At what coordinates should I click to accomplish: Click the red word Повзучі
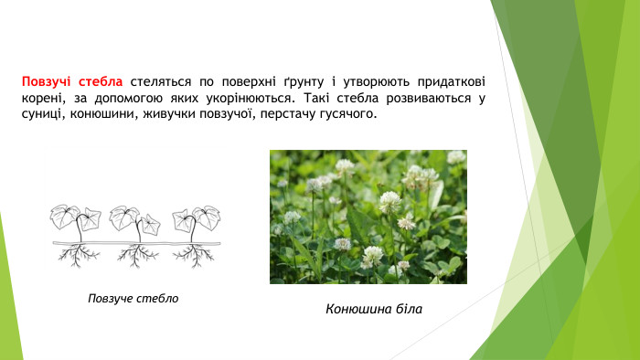pyautogui.click(x=50, y=79)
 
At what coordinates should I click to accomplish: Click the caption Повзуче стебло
pyautogui.click(x=133, y=299)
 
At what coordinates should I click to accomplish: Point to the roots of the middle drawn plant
pyautogui.click(x=138, y=256)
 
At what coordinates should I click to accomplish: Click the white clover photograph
pyautogui.click(x=368, y=217)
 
